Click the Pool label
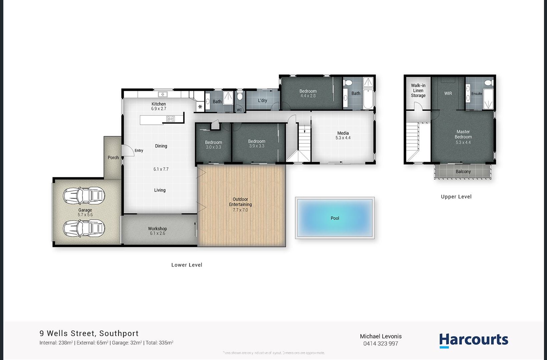(335, 218)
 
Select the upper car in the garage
(84, 196)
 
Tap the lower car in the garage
(84, 229)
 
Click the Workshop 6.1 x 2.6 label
(157, 231)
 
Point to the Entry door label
(139, 151)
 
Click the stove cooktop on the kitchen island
(170, 119)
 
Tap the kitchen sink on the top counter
(162, 94)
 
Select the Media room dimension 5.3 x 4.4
(343, 138)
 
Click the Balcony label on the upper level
(463, 172)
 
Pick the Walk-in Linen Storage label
(418, 91)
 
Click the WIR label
(448, 94)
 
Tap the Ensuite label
(477, 94)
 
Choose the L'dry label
(262, 100)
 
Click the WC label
(239, 110)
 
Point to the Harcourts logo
(473, 340)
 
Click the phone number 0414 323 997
(381, 344)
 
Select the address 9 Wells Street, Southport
(89, 333)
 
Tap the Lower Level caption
(187, 265)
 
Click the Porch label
(113, 158)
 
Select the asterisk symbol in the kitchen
(200, 107)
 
